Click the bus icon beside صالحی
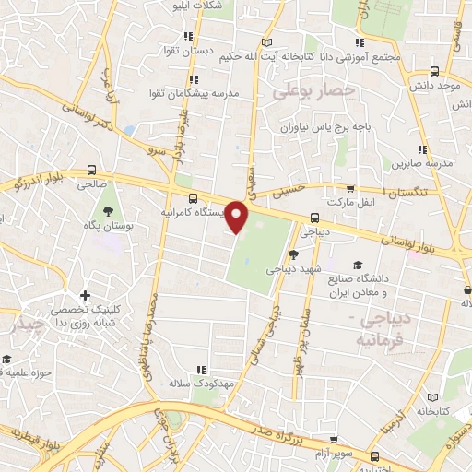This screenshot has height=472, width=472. [90, 170]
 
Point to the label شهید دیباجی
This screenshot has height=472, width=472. [289, 270]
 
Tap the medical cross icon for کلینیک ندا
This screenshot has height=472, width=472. [86, 296]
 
